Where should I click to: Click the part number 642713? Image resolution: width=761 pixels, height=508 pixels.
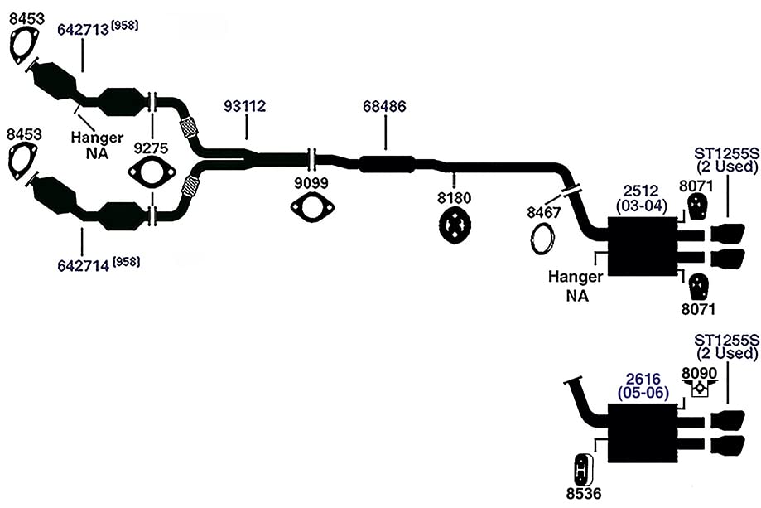click(83, 30)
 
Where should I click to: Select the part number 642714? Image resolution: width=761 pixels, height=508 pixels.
click(83, 266)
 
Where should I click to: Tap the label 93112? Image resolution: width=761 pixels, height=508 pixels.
click(244, 106)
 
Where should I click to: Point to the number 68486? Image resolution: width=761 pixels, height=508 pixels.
click(384, 106)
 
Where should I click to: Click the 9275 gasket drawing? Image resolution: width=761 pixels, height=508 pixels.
click(152, 172)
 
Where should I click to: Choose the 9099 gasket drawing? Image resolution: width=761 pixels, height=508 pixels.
click(312, 207)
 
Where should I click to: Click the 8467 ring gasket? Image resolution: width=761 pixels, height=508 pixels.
click(542, 238)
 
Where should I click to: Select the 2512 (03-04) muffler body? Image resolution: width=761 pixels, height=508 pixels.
click(642, 247)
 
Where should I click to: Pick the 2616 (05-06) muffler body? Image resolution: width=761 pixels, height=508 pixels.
click(642, 433)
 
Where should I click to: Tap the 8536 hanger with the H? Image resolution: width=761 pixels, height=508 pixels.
click(582, 470)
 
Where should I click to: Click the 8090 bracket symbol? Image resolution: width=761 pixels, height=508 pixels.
click(700, 389)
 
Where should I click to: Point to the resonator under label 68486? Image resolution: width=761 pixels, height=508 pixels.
click(387, 164)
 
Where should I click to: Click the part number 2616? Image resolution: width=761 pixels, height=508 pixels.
click(643, 379)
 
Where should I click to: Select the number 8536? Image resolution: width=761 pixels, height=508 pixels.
click(583, 494)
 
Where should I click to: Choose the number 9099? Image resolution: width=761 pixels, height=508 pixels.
click(311, 183)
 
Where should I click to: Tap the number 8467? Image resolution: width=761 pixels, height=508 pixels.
click(543, 213)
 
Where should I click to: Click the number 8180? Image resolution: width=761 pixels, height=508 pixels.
click(454, 198)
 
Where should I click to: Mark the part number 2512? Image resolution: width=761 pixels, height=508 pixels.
click(641, 191)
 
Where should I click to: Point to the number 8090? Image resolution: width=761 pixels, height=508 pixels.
click(700, 373)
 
